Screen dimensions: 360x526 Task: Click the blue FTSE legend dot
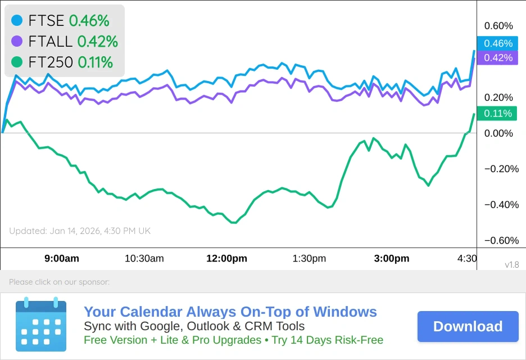coord(17,21)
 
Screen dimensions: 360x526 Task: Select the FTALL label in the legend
coord(51,41)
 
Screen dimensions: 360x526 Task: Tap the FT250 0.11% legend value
coord(96,62)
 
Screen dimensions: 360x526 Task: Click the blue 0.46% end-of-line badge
coord(498,43)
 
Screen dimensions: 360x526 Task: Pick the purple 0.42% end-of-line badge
coord(498,57)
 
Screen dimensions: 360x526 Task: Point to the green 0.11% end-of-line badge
coord(498,114)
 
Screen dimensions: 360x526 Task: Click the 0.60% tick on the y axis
coord(498,26)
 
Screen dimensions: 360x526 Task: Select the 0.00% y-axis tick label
coord(498,133)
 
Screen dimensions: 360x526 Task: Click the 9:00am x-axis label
coord(62,259)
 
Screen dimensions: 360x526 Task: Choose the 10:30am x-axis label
coord(144,259)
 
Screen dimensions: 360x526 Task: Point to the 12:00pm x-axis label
coord(227,259)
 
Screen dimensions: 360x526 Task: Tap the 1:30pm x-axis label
coord(309,259)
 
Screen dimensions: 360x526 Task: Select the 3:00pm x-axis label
coord(392,259)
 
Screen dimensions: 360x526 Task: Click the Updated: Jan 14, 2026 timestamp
coord(80,231)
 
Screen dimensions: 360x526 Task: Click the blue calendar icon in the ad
coord(41,325)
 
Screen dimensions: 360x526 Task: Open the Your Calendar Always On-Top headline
coord(230,312)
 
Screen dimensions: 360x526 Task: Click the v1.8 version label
coord(511,265)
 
